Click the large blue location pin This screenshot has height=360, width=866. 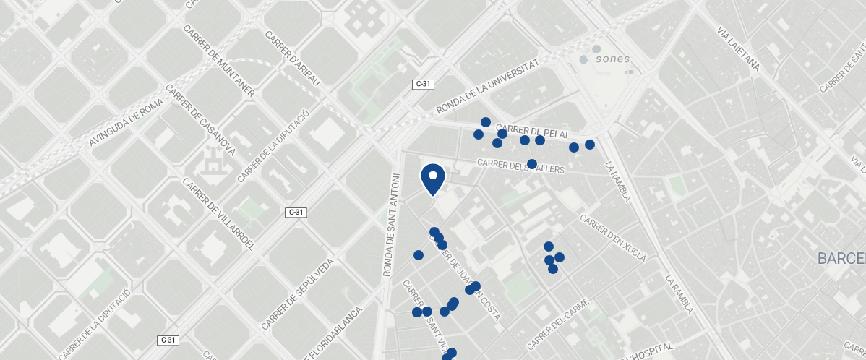pos(432,179)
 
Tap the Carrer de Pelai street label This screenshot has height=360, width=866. pos(533,130)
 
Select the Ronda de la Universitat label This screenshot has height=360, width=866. pos(489,87)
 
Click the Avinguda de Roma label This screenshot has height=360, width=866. pos(127,123)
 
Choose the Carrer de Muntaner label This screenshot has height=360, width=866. pos(219,61)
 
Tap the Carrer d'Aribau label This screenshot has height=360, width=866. pos(292,59)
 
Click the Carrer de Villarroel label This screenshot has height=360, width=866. pos(219,213)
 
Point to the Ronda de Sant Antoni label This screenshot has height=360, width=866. pos(391,225)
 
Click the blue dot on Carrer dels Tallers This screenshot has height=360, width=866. pos(532,164)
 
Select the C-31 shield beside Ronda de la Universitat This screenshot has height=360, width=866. pos(423,85)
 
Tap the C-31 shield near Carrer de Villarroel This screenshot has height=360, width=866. pos(296,212)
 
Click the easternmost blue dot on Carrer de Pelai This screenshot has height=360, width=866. pos(590,145)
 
